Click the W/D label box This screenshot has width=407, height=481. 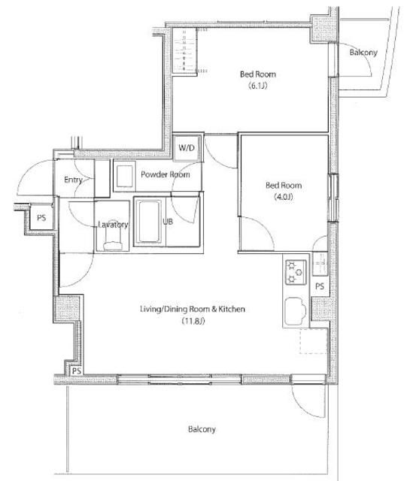pyautogui.click(x=187, y=148)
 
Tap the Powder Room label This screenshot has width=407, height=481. pyautogui.click(x=166, y=174)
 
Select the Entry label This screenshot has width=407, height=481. pyautogui.click(x=73, y=180)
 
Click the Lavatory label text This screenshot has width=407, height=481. pyautogui.click(x=113, y=225)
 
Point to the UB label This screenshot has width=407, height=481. pyautogui.click(x=168, y=221)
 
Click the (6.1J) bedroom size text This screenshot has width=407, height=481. pyautogui.click(x=258, y=86)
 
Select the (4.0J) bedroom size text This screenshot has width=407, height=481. pyautogui.click(x=284, y=197)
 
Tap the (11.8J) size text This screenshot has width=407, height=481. pyautogui.click(x=193, y=321)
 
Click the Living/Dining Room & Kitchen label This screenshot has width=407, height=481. pyautogui.click(x=193, y=309)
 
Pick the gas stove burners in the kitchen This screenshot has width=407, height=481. pyautogui.click(x=296, y=272)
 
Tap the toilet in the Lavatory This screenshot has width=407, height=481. pyautogui.click(x=113, y=240)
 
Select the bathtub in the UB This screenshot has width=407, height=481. pyautogui.click(x=149, y=222)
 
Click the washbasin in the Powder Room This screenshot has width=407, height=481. pyautogui.click(x=124, y=176)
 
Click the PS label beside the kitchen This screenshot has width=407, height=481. pyautogui.click(x=320, y=286)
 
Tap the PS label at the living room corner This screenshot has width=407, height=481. pyautogui.click(x=77, y=371)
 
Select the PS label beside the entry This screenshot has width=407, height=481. pyautogui.click(x=41, y=218)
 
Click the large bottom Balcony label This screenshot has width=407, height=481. pyautogui.click(x=202, y=429)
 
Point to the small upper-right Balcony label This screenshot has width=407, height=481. pyautogui.click(x=363, y=52)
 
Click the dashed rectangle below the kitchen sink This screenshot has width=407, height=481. pyautogui.click(x=313, y=341)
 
